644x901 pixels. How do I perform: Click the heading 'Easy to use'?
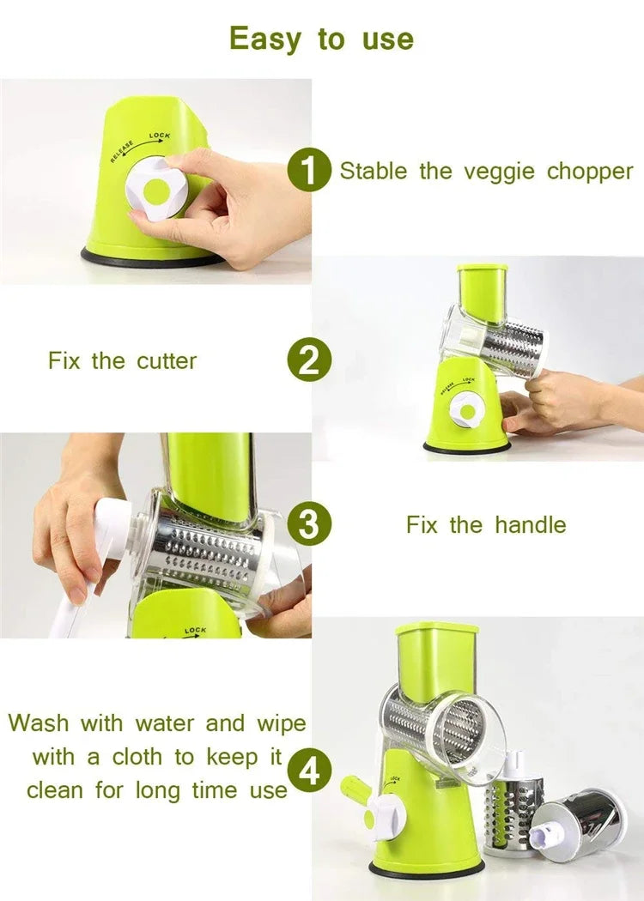(321, 39)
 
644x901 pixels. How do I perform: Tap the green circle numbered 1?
(309, 170)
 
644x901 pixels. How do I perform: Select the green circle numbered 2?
(309, 360)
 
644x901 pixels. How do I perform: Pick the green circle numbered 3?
(309, 524)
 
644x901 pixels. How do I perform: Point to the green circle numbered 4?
(309, 771)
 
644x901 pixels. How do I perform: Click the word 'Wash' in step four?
(39, 723)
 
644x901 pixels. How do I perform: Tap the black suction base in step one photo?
(150, 257)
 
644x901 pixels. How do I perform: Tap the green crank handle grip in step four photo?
(354, 789)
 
